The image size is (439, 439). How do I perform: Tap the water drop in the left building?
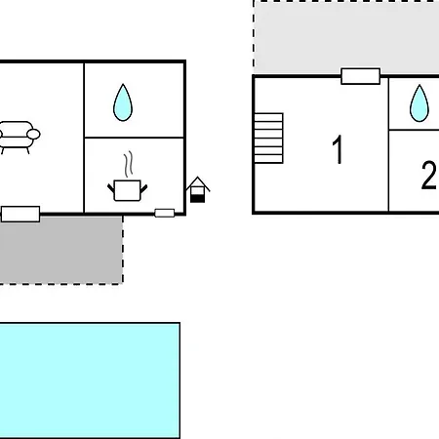pos(123,102)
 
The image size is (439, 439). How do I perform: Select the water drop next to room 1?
pos(419,103)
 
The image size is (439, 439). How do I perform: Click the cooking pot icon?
pos(128,190)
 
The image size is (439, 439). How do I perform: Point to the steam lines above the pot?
pos(129,164)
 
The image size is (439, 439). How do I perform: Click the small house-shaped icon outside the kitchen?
pos(198,189)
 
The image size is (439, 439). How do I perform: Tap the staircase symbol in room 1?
pos(268,138)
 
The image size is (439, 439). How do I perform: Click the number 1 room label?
pos(339,149)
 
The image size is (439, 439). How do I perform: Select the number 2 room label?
pos(428,175)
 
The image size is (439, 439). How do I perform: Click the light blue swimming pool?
pos(90,380)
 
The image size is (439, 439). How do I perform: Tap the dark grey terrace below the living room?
pos(61,250)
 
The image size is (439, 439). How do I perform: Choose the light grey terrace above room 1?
pos(346,37)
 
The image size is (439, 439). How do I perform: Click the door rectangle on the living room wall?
pos(20,214)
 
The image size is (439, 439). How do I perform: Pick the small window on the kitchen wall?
pos(165,213)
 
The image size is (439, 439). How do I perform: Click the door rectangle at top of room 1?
pos(361,76)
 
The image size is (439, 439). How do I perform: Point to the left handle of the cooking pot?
pos(111,188)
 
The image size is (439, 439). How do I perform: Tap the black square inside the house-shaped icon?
pos(197,198)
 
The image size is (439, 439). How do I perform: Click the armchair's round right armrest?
pos(33,134)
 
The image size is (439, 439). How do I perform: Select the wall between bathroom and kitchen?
pos(134,138)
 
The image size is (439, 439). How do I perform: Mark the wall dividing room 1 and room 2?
pos(388,144)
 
